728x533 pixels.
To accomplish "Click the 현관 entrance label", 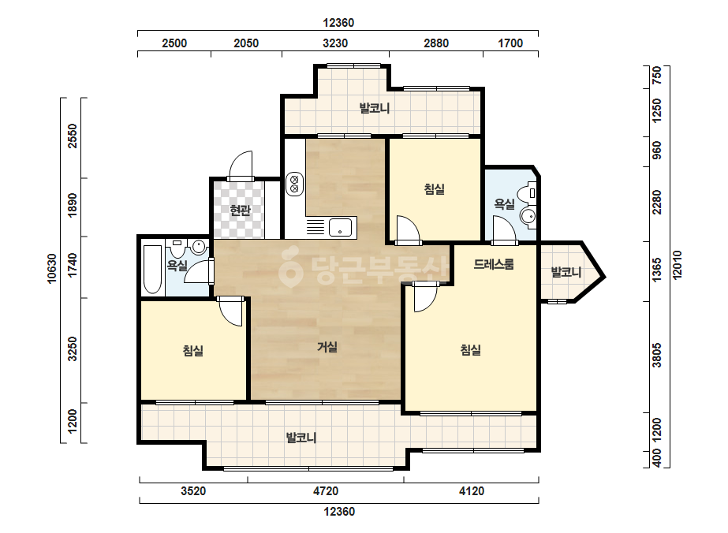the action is point(240,211).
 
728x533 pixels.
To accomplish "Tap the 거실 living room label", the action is point(327,347).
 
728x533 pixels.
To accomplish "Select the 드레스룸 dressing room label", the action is point(494,264).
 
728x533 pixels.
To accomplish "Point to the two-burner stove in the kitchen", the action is point(294,184).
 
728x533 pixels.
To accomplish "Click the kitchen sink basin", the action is point(340,228).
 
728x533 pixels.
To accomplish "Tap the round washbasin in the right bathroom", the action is point(528,216).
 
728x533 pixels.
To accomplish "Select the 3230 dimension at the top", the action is point(335,43).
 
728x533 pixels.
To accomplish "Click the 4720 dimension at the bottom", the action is point(326,490).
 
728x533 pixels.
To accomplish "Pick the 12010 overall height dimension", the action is point(678,265).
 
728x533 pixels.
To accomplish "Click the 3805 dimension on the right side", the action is point(656,355).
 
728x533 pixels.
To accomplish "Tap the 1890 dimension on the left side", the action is point(73,205).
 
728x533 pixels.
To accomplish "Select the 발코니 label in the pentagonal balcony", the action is point(566,271).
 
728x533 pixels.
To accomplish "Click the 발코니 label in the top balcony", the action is point(374,108).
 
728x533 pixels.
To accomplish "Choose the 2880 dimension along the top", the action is point(436,43).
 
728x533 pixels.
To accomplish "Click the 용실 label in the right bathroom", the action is point(504,204).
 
